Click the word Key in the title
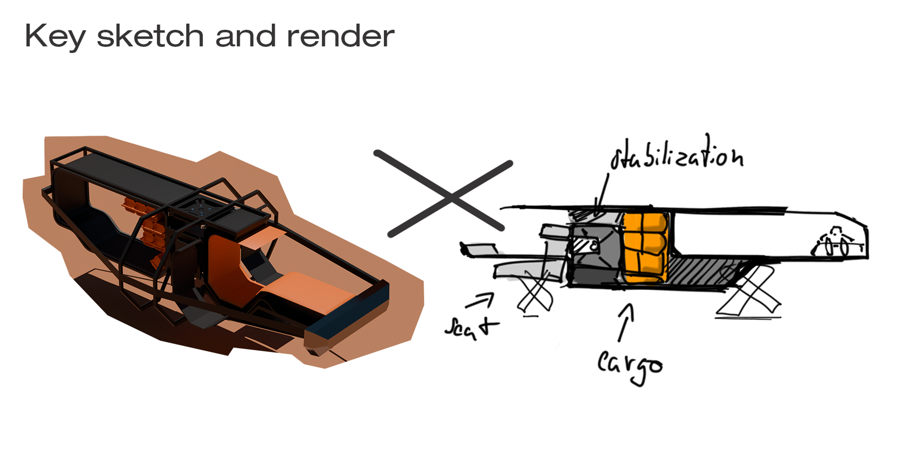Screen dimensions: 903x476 (55, 37)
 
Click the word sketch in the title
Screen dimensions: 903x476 (150, 36)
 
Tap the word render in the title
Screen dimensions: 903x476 (340, 36)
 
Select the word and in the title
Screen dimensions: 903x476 (246, 36)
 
